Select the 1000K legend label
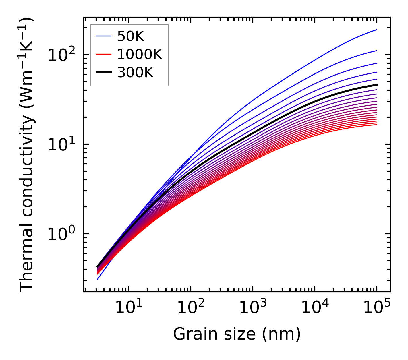pos(140,54)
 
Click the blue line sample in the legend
pos(103,36)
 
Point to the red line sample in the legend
pos(103,54)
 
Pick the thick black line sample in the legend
pos(103,73)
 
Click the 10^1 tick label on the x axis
pos(128,308)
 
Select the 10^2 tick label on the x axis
pos(191,308)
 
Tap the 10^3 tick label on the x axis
pos(253,308)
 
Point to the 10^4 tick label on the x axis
pos(315,308)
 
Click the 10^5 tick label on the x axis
pos(377,308)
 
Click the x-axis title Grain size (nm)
pos(237,334)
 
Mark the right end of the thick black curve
pos(376,85)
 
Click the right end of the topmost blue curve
pos(376,30)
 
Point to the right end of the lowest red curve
pos(376,124)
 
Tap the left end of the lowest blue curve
pos(98,279)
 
